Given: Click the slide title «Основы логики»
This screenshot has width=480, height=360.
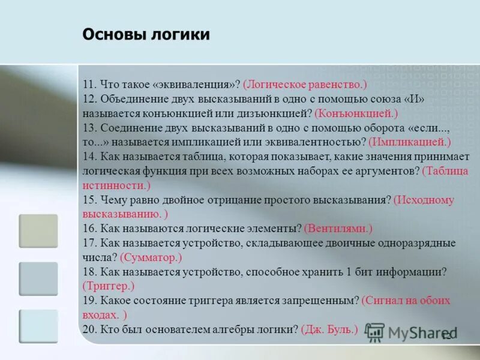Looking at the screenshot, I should (x=146, y=35).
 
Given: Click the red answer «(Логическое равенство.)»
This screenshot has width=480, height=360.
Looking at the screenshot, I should (x=305, y=85).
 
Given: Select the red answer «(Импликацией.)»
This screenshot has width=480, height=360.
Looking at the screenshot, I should (x=410, y=142).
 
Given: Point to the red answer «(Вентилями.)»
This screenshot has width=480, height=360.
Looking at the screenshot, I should (x=338, y=229).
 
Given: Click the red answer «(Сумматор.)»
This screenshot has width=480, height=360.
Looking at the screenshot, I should (x=151, y=257).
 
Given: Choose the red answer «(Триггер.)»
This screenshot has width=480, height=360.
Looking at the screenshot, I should (x=109, y=286).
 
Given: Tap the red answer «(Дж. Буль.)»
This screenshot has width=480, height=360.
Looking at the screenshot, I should (x=329, y=329).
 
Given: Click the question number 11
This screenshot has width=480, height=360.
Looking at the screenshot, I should (x=89, y=85).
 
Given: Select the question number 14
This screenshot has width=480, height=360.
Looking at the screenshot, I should (x=89, y=157).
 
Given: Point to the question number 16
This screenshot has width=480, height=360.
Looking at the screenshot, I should (x=89, y=229).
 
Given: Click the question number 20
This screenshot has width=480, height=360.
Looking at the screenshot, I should (x=89, y=329).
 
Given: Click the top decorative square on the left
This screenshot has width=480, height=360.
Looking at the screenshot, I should (x=38, y=231).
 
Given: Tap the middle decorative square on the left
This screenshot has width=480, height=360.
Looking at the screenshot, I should (x=38, y=278).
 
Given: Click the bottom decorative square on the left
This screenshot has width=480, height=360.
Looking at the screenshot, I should (x=38, y=326).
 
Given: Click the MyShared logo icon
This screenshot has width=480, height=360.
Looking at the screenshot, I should (x=376, y=332).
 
